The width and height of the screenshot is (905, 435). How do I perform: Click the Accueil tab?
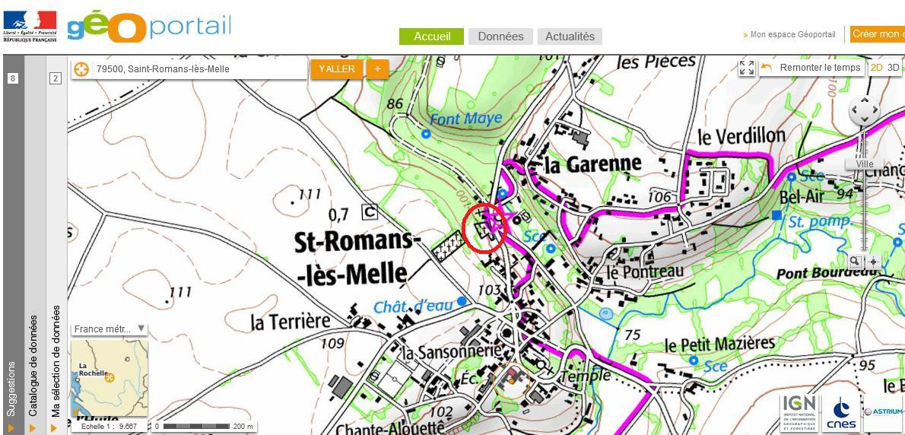pyautogui.click(x=432, y=37)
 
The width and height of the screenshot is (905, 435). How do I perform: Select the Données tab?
pyautogui.click(x=500, y=37)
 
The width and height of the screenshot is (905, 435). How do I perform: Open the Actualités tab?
pyautogui.click(x=570, y=37)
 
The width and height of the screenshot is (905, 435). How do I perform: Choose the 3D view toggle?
pyautogui.click(x=894, y=68)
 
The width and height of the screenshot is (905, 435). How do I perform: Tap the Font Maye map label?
pyautogui.click(x=465, y=119)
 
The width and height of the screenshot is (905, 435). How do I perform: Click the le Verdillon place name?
pyautogui.click(x=741, y=136)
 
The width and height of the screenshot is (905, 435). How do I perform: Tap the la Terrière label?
pyautogui.click(x=291, y=321)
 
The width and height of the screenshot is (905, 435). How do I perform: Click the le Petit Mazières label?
pyautogui.click(x=719, y=345)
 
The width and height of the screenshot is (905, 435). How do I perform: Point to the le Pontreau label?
pyautogui.click(x=645, y=271)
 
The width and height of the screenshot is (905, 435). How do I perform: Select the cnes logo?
pyautogui.click(x=840, y=414)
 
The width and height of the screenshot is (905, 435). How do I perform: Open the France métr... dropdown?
pyautogui.click(x=109, y=329)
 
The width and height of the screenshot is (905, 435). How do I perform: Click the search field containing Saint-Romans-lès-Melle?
pyautogui.click(x=198, y=69)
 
